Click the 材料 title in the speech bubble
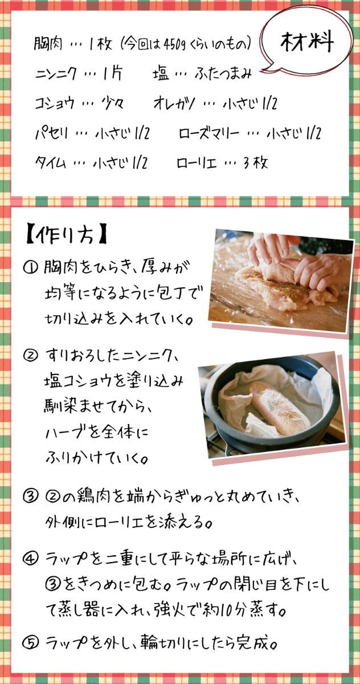[x=307, y=42]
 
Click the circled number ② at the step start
[x=31, y=356]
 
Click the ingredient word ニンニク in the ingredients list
[x=55, y=74]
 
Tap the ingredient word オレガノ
[x=174, y=103]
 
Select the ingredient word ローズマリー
[x=208, y=133]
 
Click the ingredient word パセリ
[x=51, y=133]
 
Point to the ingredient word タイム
[x=50, y=162]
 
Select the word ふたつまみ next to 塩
[x=223, y=74]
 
